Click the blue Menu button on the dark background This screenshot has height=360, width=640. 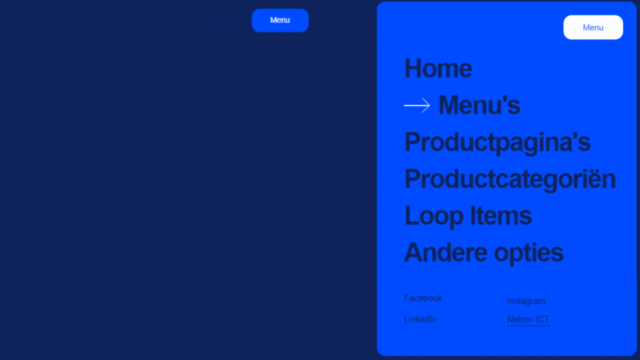[x=280, y=21]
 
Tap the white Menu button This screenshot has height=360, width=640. [x=593, y=27]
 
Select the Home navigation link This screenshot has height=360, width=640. [x=438, y=68]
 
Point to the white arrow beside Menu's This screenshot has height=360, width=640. [x=417, y=105]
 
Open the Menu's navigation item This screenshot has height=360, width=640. [x=479, y=105]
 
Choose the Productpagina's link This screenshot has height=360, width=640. [x=497, y=143]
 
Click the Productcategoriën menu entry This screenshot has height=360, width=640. [x=510, y=179]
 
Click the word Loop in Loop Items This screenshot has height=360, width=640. [x=434, y=216]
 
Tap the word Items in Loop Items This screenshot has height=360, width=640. [x=501, y=216]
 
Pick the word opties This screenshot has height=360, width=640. [x=529, y=253]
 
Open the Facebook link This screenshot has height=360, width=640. [x=423, y=298]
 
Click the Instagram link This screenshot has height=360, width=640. [x=526, y=301]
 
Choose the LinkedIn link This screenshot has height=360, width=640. [x=421, y=319]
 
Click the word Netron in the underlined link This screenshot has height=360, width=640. [x=520, y=319]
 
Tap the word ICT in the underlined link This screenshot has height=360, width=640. [x=542, y=319]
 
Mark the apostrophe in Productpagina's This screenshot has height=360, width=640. [x=574, y=136]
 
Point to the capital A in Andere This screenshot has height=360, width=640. [x=414, y=252]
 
